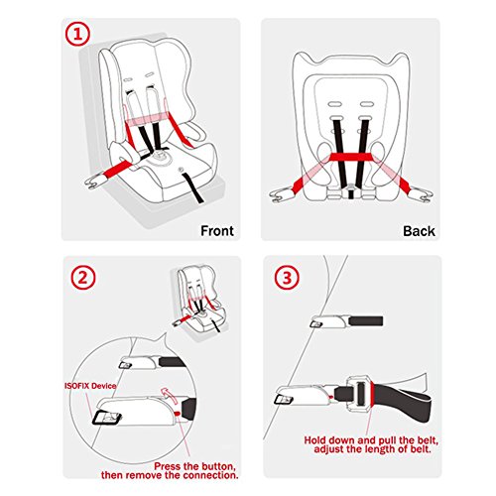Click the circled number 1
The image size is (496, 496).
point(77,34)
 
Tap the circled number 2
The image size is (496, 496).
point(83,277)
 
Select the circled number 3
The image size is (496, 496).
point(287,277)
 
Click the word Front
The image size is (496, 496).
point(217,230)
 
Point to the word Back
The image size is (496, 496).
point(419,231)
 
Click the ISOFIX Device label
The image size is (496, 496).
point(90,386)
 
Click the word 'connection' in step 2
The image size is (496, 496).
point(210,475)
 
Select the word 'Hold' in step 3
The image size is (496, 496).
point(314,440)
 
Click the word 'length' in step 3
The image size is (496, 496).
point(379,449)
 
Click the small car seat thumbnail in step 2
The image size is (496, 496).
point(199,304)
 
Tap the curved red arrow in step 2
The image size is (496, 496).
point(170,394)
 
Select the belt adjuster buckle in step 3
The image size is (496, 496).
point(359,393)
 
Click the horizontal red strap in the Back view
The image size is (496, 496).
point(351,157)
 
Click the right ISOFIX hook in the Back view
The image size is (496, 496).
point(421,194)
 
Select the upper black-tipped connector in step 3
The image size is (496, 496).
point(346,320)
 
